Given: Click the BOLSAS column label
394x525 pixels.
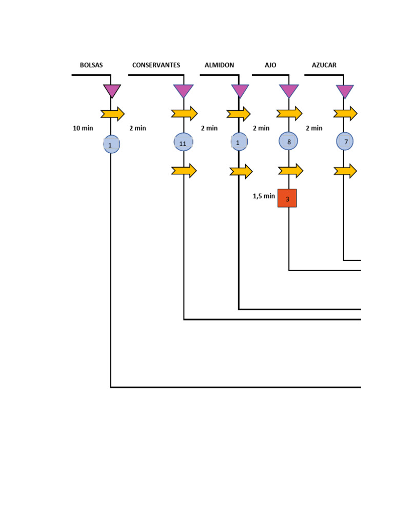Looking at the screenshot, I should pos(91,65).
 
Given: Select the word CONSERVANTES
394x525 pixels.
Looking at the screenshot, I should pos(156,65).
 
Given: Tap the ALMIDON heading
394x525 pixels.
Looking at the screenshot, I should pos(219,65).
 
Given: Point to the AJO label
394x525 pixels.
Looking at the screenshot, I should pos(270,65).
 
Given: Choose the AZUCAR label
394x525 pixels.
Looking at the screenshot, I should pos(324,65).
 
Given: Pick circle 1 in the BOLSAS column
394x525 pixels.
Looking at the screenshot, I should pos(111,145).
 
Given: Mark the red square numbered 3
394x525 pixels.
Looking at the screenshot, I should pos(287,198).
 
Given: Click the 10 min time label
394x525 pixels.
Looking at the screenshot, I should pos(83,128).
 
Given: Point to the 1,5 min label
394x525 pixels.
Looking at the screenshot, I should pos(264,196).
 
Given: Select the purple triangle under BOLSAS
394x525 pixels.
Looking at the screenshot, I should pos(112,91).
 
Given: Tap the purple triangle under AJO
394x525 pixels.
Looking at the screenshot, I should pos(288,91).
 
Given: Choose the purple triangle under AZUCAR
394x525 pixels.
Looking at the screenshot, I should pos(345,91).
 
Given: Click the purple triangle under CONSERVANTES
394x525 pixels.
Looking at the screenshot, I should pos(183,91).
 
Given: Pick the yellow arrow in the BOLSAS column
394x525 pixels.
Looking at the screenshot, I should pos(112,113).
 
